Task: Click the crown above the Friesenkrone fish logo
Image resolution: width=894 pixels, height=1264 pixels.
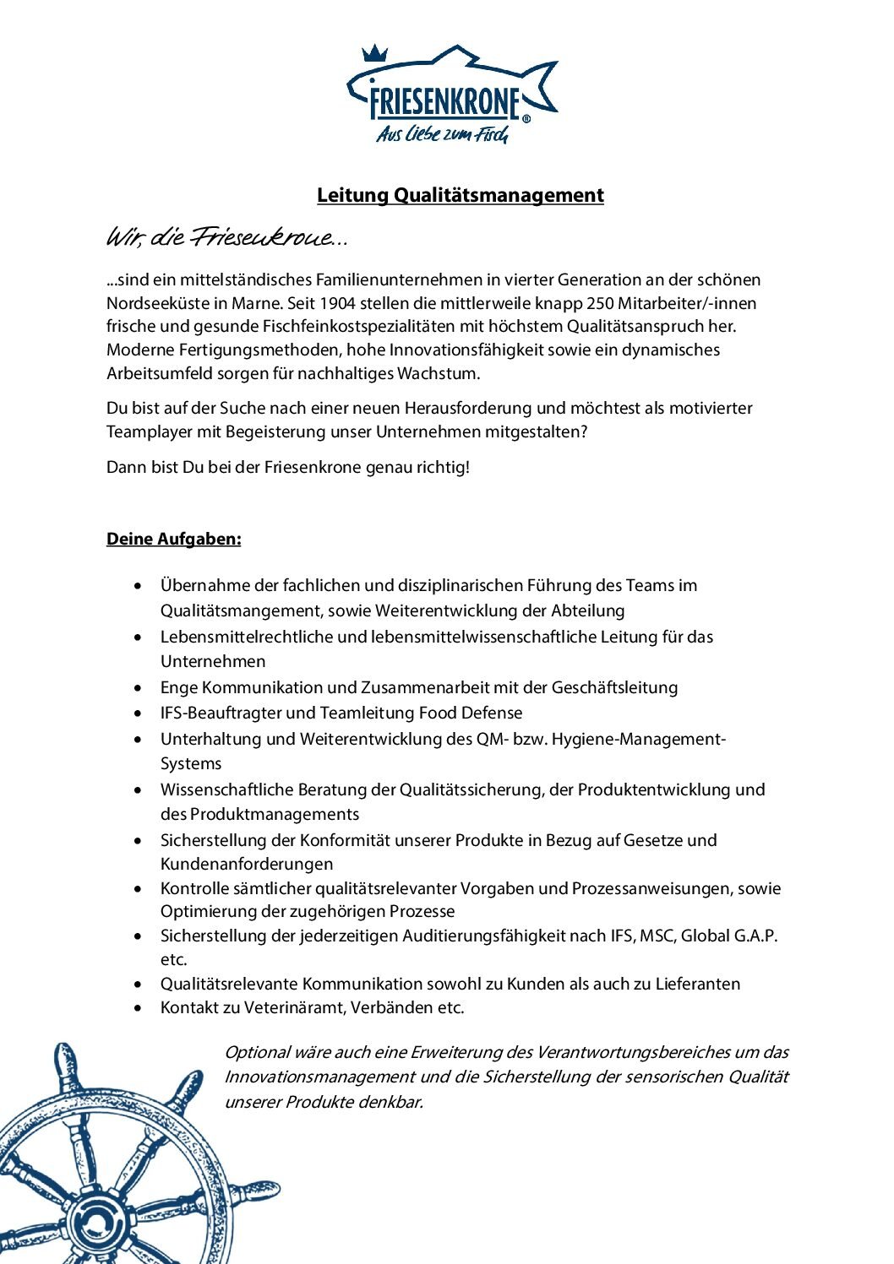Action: (x=374, y=54)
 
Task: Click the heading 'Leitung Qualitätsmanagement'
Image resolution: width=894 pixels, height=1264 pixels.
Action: (x=461, y=195)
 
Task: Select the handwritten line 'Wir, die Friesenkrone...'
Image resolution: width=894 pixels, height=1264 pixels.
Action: (x=226, y=239)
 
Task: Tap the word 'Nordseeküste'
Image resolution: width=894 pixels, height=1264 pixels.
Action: (x=152, y=303)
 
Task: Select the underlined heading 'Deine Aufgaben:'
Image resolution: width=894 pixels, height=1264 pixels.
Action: (x=173, y=539)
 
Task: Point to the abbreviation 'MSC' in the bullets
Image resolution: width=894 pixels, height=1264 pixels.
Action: (x=657, y=936)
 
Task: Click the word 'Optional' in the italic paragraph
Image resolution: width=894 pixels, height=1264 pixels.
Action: (x=257, y=1052)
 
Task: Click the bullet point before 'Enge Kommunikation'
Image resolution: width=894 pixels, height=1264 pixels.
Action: (x=139, y=688)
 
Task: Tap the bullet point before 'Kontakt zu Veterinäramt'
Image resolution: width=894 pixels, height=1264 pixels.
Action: (x=139, y=1008)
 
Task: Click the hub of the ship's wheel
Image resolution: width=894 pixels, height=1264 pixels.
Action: (x=95, y=1222)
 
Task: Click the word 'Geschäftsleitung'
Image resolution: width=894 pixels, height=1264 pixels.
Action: (x=614, y=687)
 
